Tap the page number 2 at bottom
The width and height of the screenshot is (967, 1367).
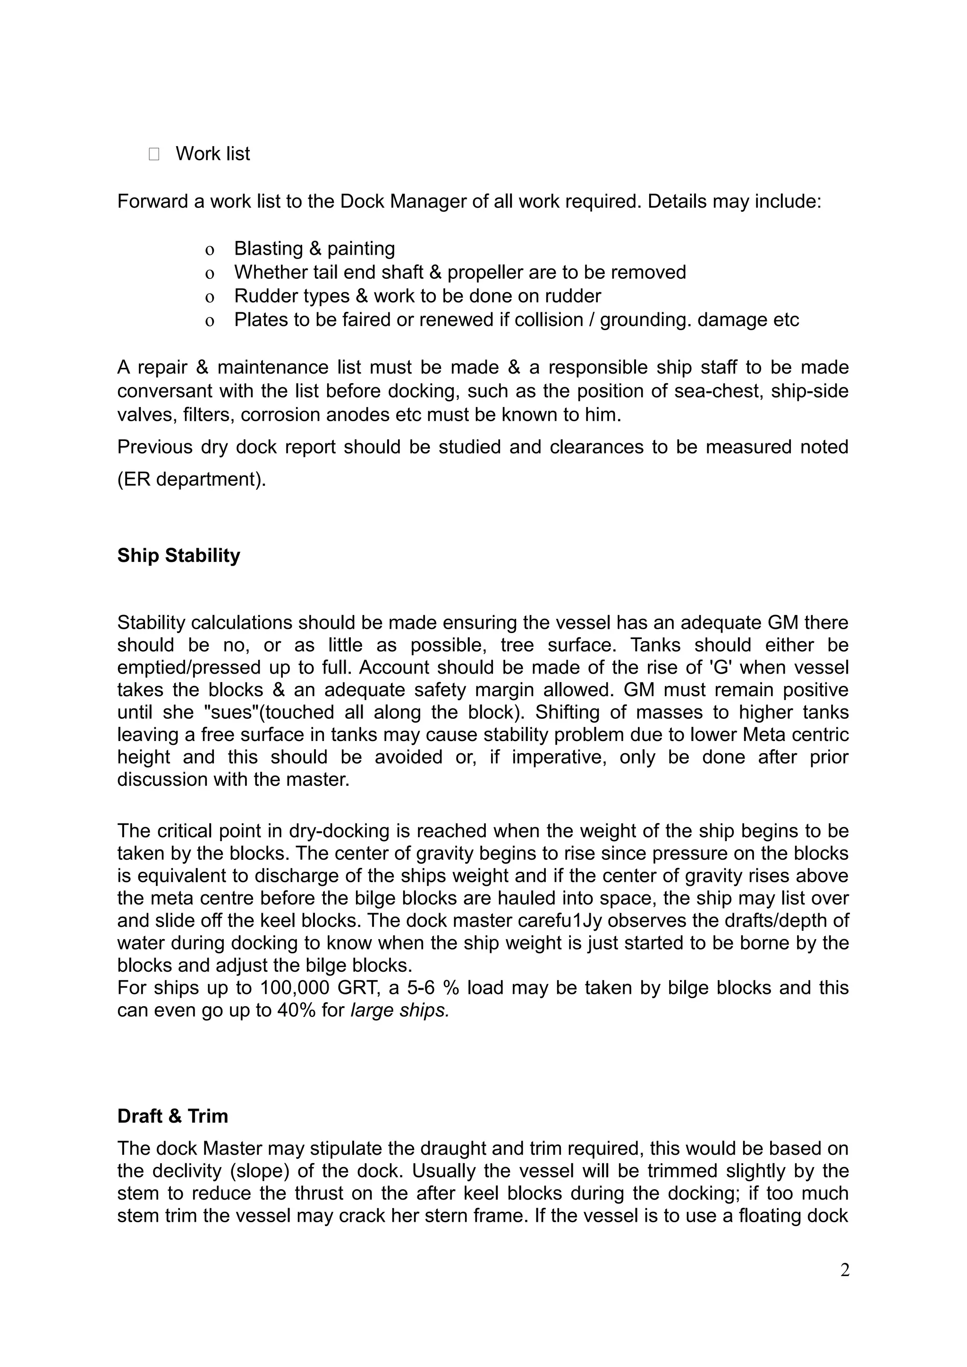[844, 1269]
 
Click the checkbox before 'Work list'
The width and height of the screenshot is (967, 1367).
[154, 155]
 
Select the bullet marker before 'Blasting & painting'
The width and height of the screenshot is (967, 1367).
[209, 250]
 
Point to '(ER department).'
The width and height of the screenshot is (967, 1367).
[191, 479]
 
